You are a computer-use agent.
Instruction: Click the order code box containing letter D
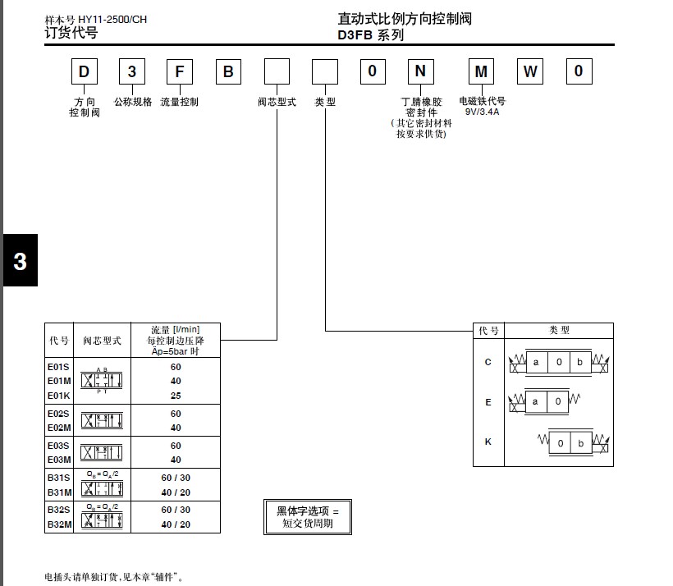point(84,72)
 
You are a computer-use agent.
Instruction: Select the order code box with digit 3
point(132,72)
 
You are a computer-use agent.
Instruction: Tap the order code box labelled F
point(180,72)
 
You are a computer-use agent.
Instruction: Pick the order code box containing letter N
point(420,72)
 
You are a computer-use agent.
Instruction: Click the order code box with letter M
point(482,72)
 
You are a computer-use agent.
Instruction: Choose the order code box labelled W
point(530,72)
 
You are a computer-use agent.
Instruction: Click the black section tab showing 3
point(20,261)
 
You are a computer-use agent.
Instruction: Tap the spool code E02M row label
point(58,428)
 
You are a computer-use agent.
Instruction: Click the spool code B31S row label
point(59,477)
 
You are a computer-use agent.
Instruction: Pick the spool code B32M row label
point(59,524)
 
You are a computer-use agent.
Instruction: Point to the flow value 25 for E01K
point(176,396)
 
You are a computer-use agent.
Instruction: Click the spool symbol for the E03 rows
point(102,452)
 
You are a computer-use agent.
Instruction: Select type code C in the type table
point(488,362)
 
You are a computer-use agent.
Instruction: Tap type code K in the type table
point(488,442)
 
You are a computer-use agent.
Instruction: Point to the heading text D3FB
point(356,35)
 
